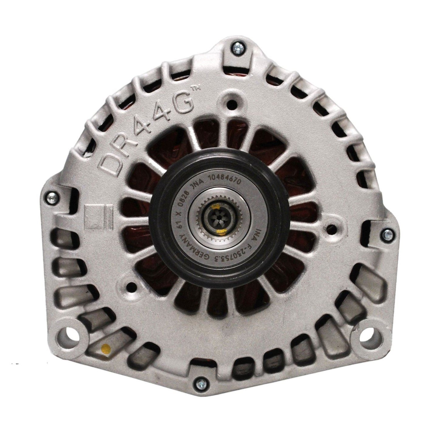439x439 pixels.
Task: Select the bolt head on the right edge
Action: tap(388, 234)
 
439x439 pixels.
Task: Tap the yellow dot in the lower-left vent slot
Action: tap(105, 348)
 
